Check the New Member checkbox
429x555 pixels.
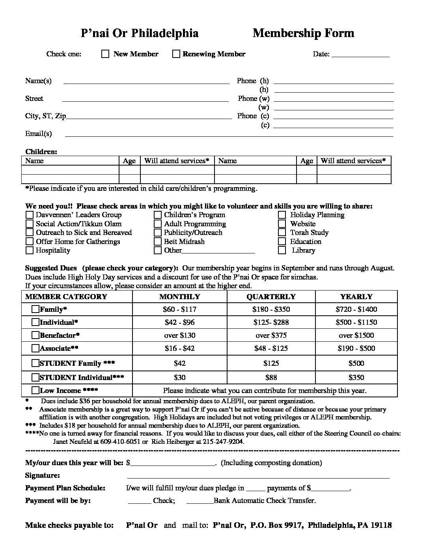click(x=105, y=54)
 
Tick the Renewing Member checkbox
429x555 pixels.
click(x=176, y=54)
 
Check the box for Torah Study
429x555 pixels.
click(x=282, y=233)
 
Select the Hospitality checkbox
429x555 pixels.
click(x=30, y=250)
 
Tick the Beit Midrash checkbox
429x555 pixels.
click(x=158, y=242)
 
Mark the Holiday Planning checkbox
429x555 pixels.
click(x=282, y=215)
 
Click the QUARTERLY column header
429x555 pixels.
click(x=271, y=297)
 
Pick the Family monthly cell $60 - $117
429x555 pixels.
click(x=179, y=309)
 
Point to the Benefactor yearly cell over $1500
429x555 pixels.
click(x=356, y=335)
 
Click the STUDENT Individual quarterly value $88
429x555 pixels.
click(x=271, y=378)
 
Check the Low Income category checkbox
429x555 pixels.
click(x=35, y=391)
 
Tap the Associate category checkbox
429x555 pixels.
click(x=35, y=348)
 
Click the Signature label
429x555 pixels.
click(x=43, y=475)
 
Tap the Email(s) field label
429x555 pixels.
click(x=39, y=134)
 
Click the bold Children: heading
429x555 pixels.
click(x=41, y=152)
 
